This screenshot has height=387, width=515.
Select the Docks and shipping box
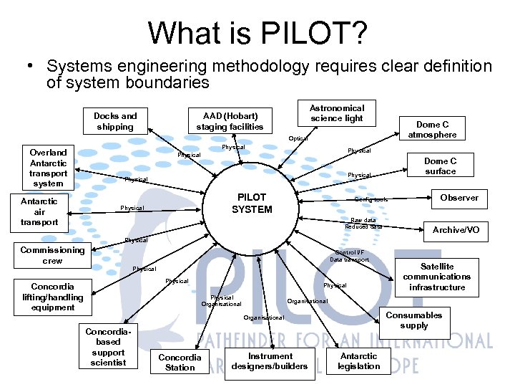click(x=115, y=121)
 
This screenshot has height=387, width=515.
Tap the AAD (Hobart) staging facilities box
click(x=230, y=121)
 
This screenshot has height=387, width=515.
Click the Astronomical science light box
click(x=336, y=113)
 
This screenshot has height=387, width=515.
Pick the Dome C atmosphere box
click(x=432, y=129)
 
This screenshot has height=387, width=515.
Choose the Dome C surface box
click(x=440, y=166)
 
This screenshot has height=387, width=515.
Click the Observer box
click(x=459, y=198)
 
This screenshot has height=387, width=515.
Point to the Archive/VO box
click(x=456, y=230)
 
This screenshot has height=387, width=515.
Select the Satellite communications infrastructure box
click(x=436, y=277)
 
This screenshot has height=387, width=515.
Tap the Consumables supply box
click(x=414, y=320)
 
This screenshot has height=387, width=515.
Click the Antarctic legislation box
click(x=358, y=361)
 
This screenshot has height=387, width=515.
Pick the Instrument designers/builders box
click(x=270, y=361)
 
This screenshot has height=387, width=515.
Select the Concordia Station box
click(x=180, y=362)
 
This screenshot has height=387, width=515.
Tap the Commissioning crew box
click(x=52, y=255)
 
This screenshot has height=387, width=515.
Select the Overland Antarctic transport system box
click(x=48, y=168)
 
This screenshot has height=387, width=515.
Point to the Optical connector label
click(x=298, y=138)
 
